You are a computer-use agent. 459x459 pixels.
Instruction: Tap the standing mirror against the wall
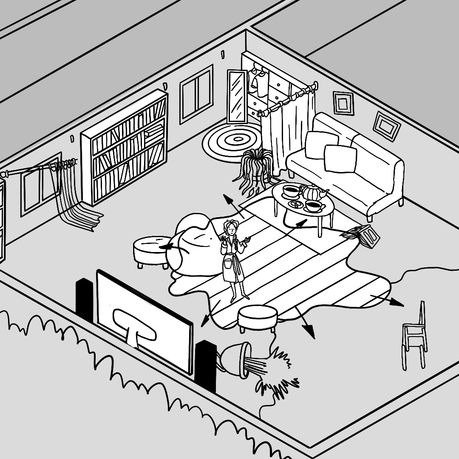(237, 96)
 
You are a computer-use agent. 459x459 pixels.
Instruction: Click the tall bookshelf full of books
(125, 147)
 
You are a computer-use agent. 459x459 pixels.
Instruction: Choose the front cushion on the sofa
(340, 158)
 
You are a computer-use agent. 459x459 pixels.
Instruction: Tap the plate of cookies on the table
(297, 205)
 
